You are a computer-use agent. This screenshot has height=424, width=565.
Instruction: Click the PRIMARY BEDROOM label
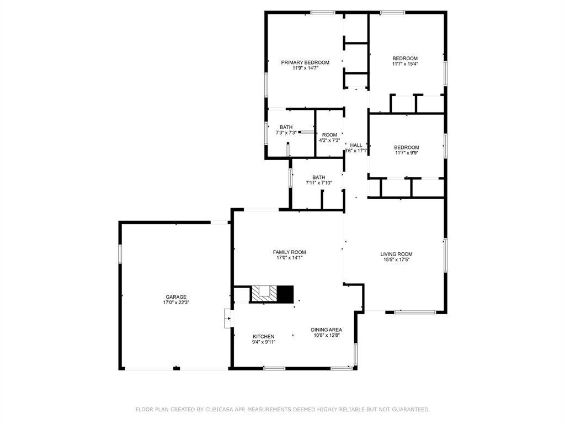(305, 62)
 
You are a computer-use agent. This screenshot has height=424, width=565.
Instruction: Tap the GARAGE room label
(176, 296)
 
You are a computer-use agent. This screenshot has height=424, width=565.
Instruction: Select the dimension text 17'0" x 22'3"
(176, 303)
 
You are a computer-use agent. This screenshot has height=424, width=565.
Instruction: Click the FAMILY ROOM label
(290, 252)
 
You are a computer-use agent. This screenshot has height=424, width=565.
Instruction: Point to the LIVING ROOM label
(396, 254)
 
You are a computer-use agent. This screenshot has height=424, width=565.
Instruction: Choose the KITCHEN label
(264, 336)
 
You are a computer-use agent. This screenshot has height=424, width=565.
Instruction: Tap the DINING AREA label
(326, 329)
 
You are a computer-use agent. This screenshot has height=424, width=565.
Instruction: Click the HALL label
(356, 145)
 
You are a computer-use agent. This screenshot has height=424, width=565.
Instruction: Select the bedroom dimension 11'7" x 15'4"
(405, 64)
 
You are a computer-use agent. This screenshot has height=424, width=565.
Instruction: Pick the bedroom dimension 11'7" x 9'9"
(406, 153)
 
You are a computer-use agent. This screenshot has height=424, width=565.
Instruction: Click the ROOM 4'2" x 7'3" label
(329, 135)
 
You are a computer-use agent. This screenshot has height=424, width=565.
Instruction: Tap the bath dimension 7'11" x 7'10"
(319, 183)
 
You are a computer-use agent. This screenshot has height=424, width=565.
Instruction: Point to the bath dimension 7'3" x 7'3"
(286, 132)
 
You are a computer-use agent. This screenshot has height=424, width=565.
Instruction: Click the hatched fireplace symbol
(264, 293)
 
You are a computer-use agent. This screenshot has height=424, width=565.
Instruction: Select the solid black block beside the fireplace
(285, 294)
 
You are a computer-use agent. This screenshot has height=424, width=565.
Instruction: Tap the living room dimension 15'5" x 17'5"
(396, 259)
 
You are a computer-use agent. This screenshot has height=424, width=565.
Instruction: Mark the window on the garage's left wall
(119, 253)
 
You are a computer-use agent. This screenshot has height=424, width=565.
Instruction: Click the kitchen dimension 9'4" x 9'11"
(264, 342)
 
